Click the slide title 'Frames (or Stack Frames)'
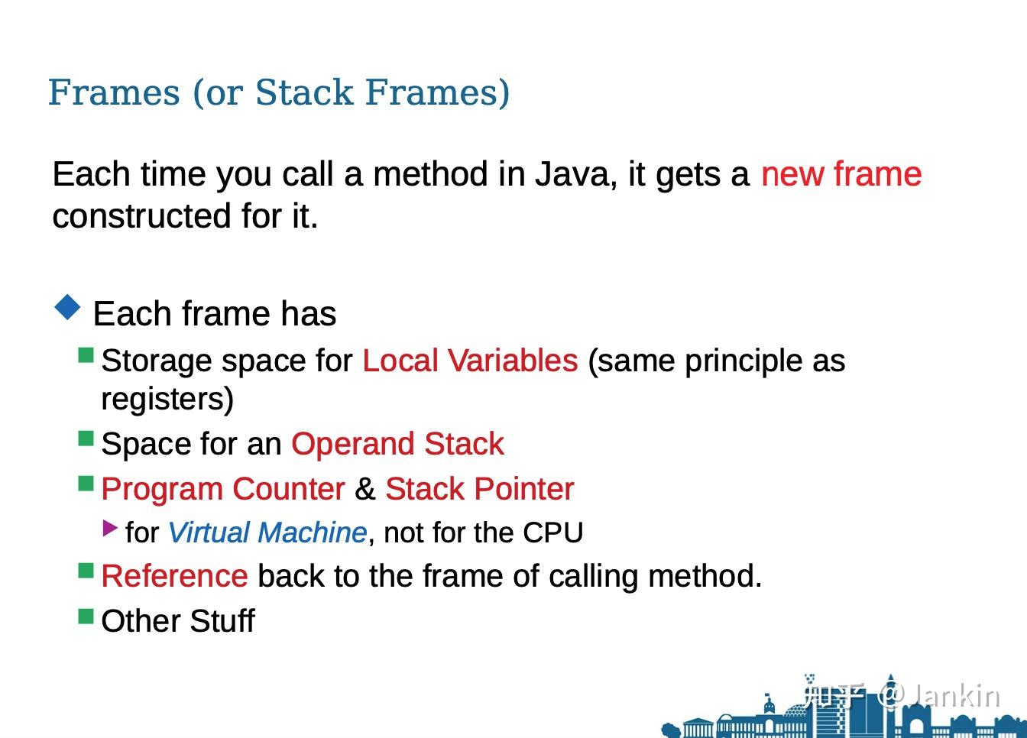click(x=279, y=92)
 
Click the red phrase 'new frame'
click(x=841, y=174)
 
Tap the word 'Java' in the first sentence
click(x=576, y=175)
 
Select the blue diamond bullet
click(x=67, y=307)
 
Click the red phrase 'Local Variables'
click(x=470, y=361)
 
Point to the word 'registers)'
click(x=167, y=399)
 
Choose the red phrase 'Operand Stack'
click(x=397, y=444)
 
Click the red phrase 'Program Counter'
click(x=223, y=489)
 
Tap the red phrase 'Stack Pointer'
click(x=480, y=489)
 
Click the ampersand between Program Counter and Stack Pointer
click(x=365, y=489)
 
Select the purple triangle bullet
click(x=110, y=528)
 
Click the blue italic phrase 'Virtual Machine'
click(x=267, y=532)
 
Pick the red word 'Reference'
click(x=175, y=576)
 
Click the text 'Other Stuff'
click(x=178, y=621)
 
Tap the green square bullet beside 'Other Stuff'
click(x=86, y=616)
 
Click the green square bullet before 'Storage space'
click(x=86, y=355)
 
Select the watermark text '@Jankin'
click(x=938, y=697)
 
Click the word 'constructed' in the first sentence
click(x=141, y=216)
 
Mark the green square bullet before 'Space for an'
click(x=86, y=439)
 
